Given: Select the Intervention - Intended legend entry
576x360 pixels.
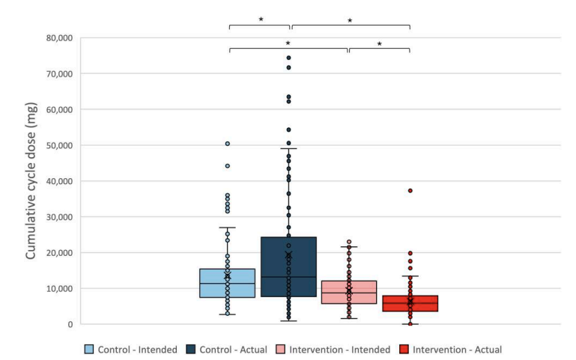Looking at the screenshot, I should click(336, 349).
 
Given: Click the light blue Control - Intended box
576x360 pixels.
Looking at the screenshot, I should click(227, 283).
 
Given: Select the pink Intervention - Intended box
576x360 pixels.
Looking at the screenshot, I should click(348, 292).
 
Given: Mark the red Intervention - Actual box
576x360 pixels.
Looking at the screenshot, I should click(410, 304).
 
